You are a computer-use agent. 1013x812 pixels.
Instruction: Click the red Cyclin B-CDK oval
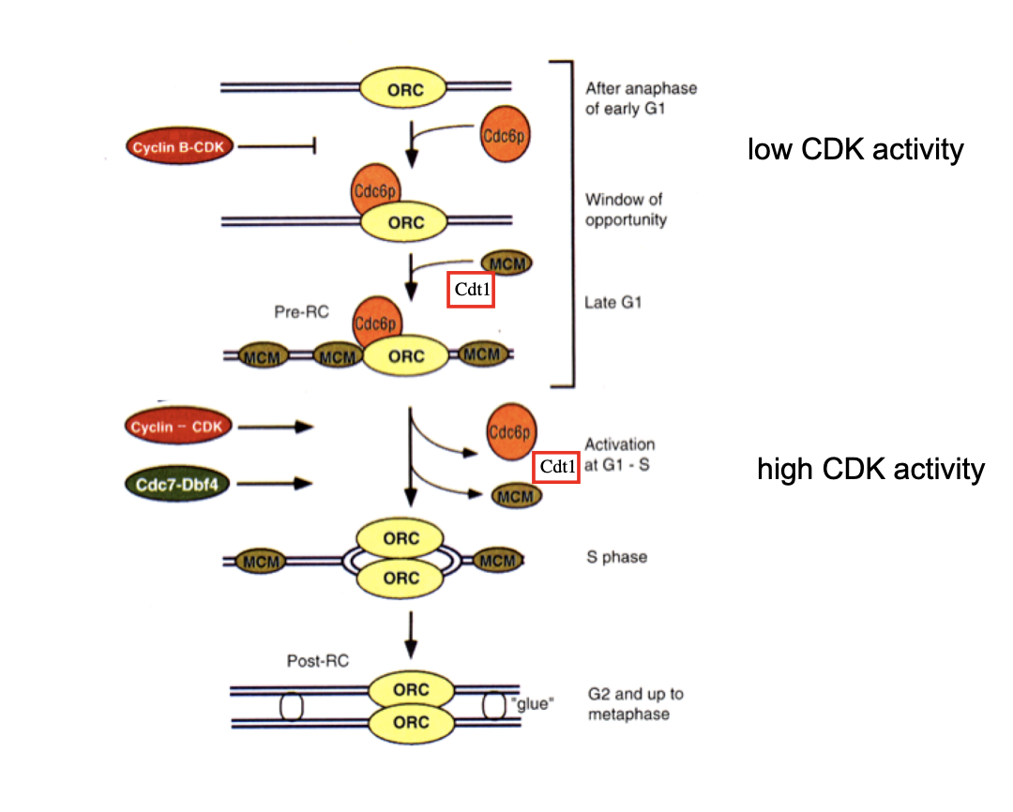pos(178,146)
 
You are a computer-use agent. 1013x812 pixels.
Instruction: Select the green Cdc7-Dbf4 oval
pos(177,484)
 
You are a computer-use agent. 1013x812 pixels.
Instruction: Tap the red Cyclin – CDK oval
pos(177,428)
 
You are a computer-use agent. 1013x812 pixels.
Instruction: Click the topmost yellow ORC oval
pos(405,90)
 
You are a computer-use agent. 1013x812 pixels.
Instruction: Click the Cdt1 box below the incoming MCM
pos(470,290)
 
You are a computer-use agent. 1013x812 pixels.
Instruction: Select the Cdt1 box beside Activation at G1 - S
pos(555,467)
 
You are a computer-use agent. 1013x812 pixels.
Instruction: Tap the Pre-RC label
pos(303,311)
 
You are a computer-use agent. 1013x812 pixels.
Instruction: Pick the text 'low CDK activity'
pos(854,149)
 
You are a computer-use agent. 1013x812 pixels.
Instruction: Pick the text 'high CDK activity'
pos(870,469)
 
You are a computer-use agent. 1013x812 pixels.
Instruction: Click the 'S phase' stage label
pos(616,557)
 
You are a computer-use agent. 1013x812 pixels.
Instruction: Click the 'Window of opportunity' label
pos(626,209)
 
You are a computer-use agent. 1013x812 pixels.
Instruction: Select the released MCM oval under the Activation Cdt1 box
pos(517,497)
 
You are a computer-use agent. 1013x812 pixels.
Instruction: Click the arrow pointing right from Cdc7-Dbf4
pos(290,484)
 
